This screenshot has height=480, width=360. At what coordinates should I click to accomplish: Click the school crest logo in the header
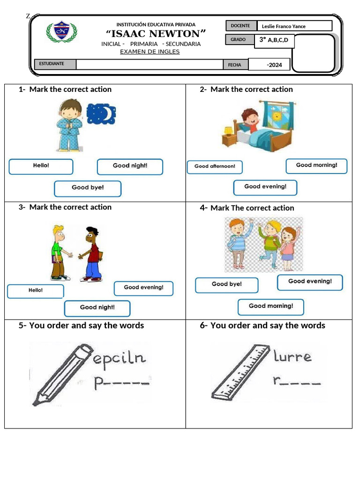coord(62,32)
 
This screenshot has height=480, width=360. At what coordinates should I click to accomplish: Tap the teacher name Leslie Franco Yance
coord(284,26)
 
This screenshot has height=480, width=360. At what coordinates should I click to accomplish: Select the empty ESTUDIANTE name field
coord(149,64)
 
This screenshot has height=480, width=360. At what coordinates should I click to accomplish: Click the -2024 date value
coord(274,65)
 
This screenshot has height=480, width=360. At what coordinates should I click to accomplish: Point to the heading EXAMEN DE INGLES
coord(150,52)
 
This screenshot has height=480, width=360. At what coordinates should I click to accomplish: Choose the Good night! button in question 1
coord(130,166)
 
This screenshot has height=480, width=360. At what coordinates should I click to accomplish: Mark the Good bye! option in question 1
coord(88,188)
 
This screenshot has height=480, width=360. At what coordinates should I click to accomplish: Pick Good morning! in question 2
coord(316,166)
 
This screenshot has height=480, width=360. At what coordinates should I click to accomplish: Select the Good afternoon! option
coord(215,167)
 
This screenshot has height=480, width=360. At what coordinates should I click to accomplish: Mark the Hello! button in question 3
coord(36,291)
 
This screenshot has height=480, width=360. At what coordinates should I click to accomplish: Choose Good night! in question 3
coord(97,308)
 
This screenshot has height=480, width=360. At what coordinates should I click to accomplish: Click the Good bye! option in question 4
coord(226,285)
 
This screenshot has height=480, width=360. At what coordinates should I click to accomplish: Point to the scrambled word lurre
coord(292,357)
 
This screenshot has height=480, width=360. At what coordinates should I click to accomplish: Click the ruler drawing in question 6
coord(240,372)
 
